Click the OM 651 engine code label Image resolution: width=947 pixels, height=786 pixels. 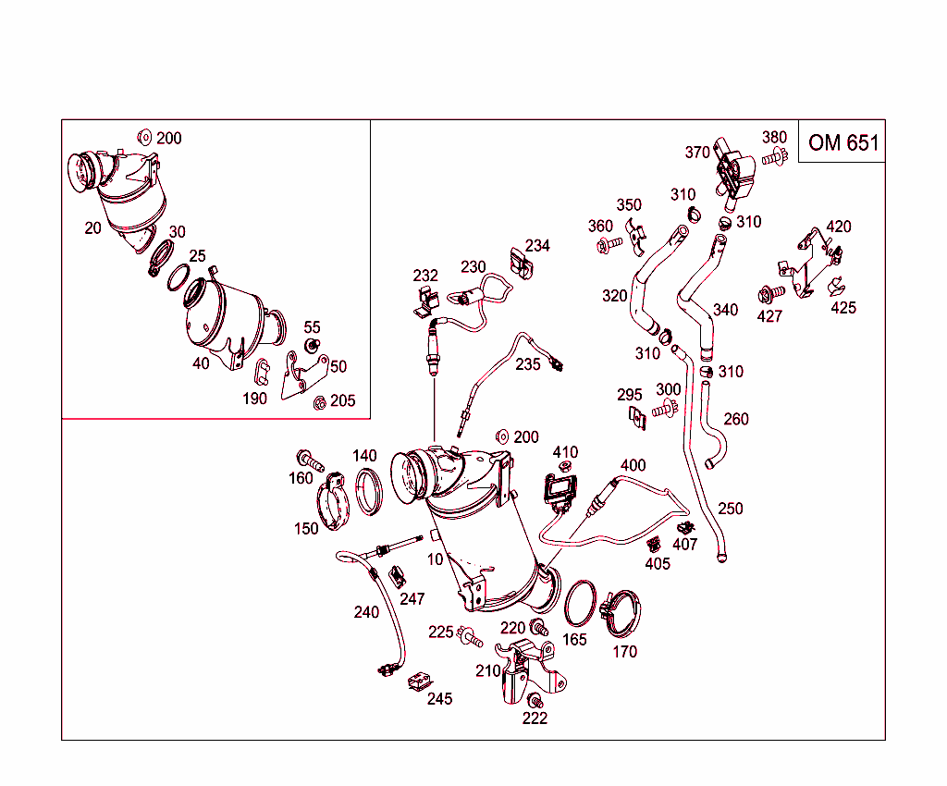pos(842,142)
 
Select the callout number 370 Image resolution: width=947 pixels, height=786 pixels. pos(697,153)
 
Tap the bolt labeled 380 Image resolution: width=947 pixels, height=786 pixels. pos(773,159)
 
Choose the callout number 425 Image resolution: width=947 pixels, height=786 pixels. pos(842,308)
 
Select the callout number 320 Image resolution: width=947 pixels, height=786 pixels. pos(614,296)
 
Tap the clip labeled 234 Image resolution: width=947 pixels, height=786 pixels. pos(522,263)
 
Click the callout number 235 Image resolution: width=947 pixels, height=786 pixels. pos(528,364)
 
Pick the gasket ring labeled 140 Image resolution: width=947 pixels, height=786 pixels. pos(369,491)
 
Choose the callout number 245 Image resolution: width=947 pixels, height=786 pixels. pos(440,699)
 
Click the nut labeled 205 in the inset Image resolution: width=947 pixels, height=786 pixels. pos(319,401)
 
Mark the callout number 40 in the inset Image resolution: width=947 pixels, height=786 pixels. pos(201,363)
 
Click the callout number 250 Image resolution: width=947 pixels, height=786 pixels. pos(730,509)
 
